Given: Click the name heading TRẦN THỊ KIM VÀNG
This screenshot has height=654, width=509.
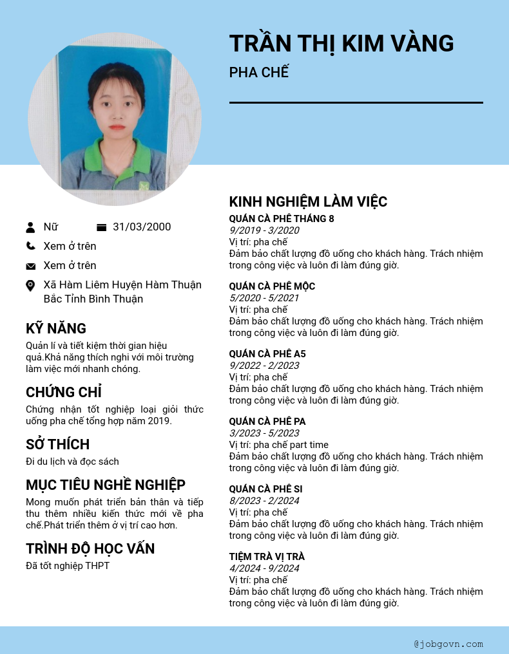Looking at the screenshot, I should [341, 44].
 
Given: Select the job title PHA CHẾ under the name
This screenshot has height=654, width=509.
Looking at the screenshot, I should [259, 72].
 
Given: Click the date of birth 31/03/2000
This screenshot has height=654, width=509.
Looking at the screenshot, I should [142, 227].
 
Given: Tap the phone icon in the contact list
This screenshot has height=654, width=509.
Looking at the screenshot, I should [30, 246].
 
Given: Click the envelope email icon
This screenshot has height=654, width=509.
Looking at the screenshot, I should [30, 266].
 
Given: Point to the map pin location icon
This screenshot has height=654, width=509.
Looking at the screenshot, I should [30, 285].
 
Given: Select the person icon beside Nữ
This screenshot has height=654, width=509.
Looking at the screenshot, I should [30, 227].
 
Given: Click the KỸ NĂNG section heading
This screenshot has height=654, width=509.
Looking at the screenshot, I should [56, 329].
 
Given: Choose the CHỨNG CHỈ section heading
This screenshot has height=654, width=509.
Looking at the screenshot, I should [64, 392].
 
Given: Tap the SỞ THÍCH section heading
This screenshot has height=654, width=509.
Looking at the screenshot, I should [57, 444].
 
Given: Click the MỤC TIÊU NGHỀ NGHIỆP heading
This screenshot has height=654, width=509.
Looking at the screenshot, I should [106, 485].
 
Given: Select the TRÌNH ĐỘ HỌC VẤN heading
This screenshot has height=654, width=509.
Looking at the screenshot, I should [90, 548].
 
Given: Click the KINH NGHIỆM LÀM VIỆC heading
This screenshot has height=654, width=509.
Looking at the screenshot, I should [308, 201].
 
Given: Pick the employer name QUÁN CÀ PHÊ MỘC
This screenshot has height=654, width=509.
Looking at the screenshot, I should [272, 286].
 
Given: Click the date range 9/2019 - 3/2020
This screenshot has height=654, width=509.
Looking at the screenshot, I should [264, 230].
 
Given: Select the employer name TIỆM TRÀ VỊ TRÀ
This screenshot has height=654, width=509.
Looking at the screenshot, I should [267, 557].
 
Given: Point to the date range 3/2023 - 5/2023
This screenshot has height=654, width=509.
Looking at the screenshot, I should [264, 433].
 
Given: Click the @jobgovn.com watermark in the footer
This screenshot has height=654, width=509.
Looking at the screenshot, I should [448, 644].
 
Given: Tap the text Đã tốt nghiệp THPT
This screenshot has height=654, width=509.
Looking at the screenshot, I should [68, 566].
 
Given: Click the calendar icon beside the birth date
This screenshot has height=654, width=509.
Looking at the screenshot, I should [101, 227].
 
